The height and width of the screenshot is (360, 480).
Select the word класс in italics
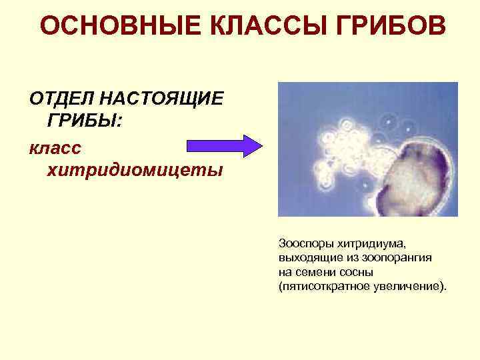[56, 146]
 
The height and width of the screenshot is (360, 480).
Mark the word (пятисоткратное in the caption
[319, 286]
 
